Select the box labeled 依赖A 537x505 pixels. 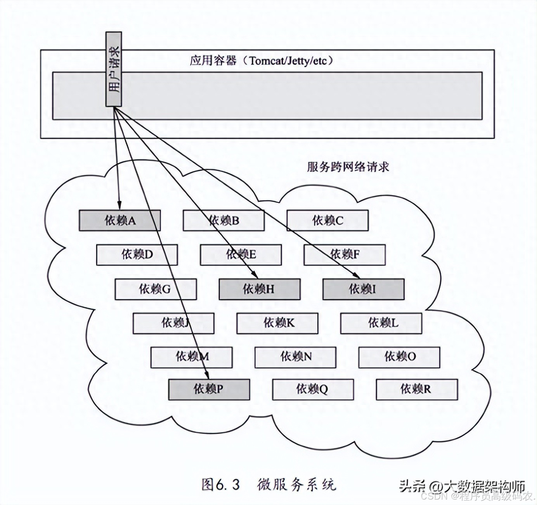pyautogui.click(x=120, y=221)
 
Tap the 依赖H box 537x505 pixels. pyautogui.click(x=260, y=289)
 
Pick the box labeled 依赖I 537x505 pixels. pyautogui.click(x=363, y=289)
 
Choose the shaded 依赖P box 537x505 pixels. pyautogui.click(x=209, y=389)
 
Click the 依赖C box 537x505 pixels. pyautogui.click(x=327, y=221)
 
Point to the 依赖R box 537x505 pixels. pyautogui.click(x=417, y=389)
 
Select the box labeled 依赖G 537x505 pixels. pyautogui.click(x=156, y=289)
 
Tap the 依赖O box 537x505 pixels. pyautogui.click(x=399, y=357)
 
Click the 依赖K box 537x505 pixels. pyautogui.click(x=277, y=323)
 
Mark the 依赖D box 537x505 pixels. pyautogui.click(x=137, y=255)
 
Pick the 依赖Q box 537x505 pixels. pyautogui.click(x=313, y=389)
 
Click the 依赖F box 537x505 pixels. pyautogui.click(x=345, y=255)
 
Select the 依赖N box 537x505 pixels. pyautogui.click(x=295, y=357)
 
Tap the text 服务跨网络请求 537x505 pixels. pyautogui.click(x=348, y=167)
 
